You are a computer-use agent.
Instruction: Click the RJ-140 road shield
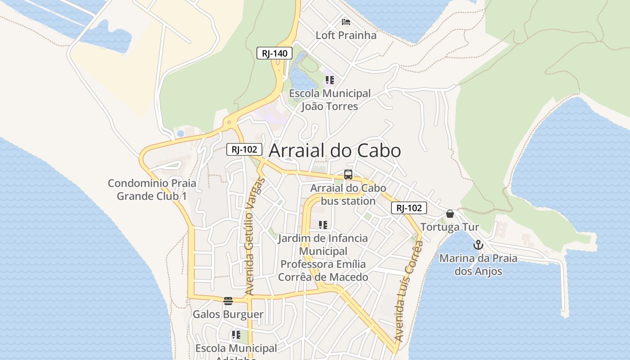[274, 53]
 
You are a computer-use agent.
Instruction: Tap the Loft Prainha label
[346, 35]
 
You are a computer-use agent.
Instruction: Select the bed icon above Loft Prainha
[346, 22]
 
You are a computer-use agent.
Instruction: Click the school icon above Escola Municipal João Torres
[330, 80]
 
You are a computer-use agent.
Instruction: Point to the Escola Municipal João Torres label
[330, 100]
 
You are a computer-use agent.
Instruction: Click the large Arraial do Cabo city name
[334, 151]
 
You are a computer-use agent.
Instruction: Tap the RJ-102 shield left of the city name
[244, 149]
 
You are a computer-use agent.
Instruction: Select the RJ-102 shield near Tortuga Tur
[409, 208]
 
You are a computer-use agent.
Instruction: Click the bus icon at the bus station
[348, 175]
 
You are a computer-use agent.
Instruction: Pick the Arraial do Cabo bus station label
[348, 194]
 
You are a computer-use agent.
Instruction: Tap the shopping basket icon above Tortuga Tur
[450, 214]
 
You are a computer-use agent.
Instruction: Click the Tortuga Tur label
[450, 227]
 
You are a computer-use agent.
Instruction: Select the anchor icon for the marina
[478, 245]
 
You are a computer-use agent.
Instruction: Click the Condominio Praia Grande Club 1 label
[152, 189]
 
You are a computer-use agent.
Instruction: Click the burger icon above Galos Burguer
[228, 301]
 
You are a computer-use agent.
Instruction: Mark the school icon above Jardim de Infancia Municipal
[323, 225]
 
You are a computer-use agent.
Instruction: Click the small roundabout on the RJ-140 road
[229, 122]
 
